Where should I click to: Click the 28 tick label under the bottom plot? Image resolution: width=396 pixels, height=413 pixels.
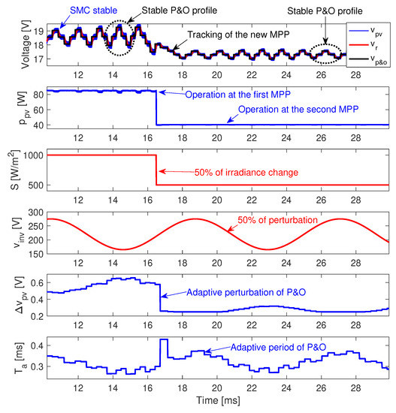click(x=356, y=390)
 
